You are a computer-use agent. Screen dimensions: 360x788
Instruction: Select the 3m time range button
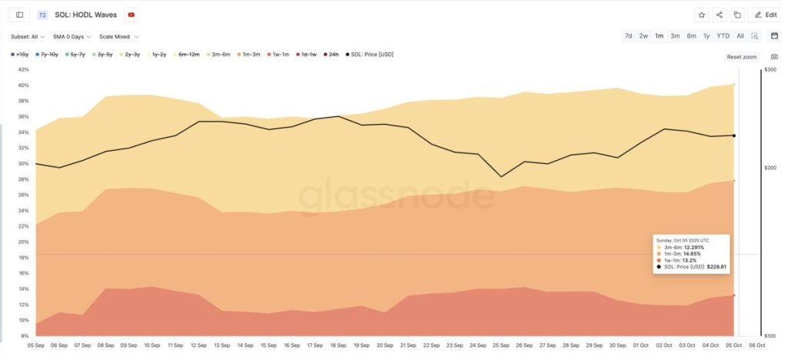tap(675, 36)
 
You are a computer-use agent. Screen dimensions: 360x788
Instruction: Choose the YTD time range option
tap(723, 36)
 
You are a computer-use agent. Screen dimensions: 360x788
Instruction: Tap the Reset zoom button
tap(742, 57)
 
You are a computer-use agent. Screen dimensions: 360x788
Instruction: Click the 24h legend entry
tap(332, 55)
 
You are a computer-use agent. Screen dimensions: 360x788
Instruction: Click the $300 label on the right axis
tap(770, 69)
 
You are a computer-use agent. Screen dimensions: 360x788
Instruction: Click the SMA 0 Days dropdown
tap(72, 36)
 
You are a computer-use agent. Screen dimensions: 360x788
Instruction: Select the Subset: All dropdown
tap(27, 36)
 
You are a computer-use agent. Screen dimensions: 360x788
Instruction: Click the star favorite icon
tap(701, 15)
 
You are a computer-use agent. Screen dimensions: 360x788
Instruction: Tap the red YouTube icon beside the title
tap(132, 15)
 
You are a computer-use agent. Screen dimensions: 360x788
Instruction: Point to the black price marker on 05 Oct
tap(734, 136)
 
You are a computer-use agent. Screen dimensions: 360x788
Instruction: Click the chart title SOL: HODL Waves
tap(85, 15)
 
